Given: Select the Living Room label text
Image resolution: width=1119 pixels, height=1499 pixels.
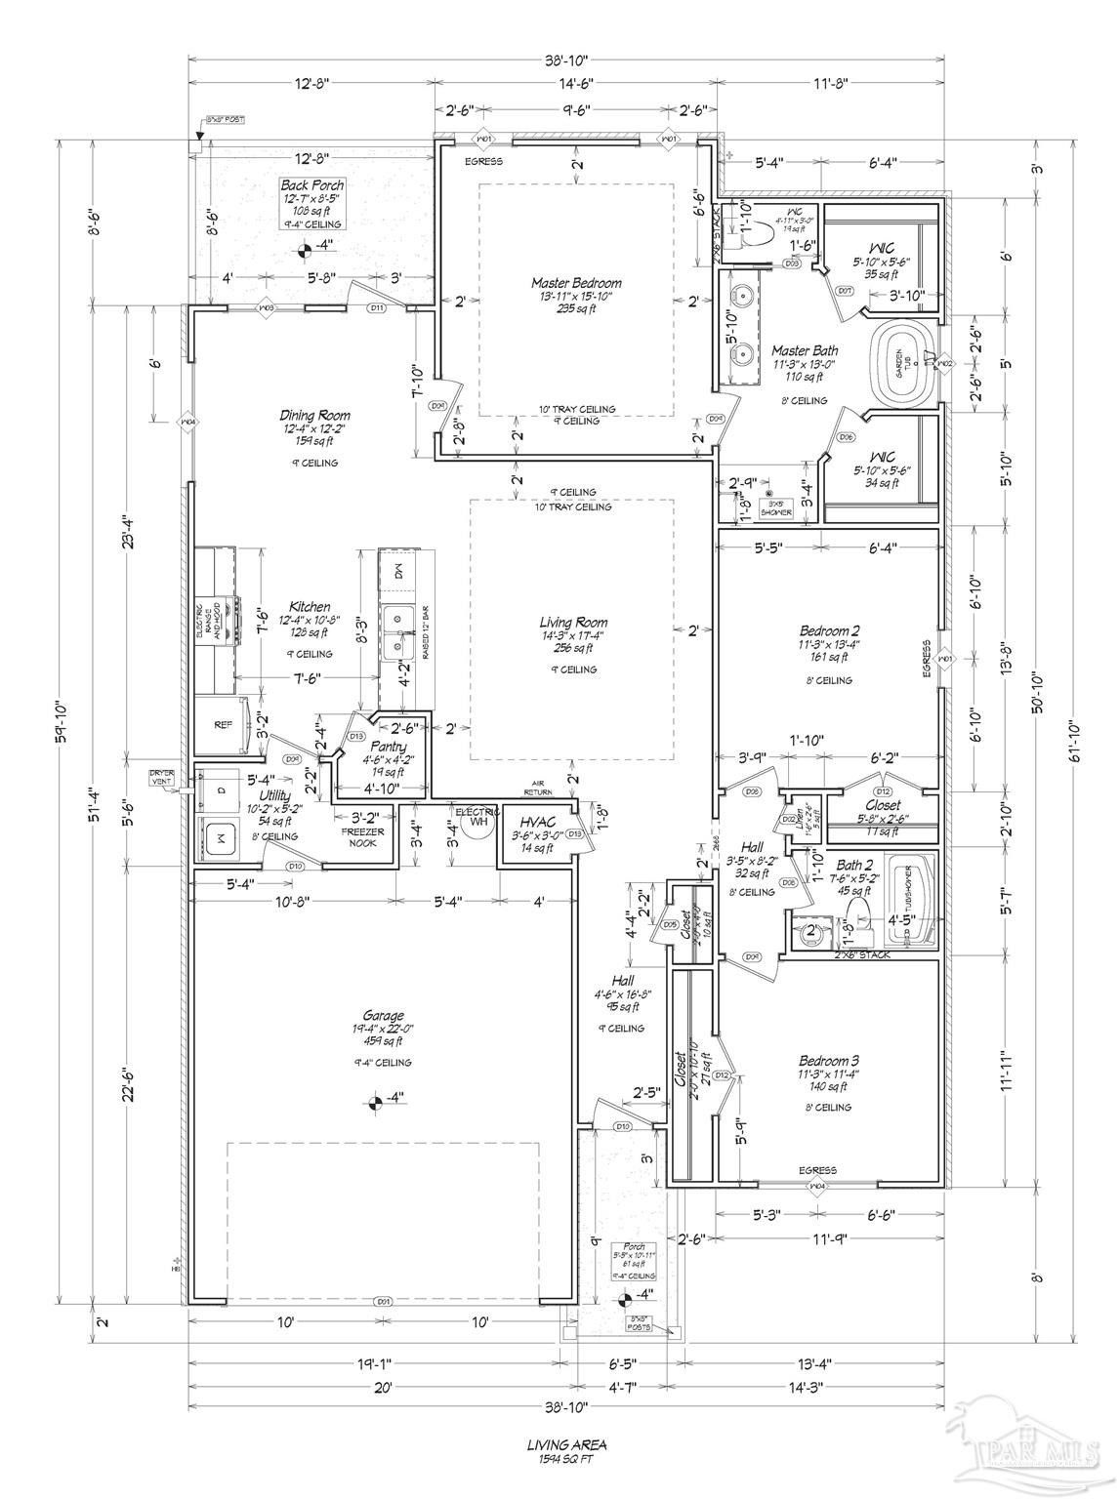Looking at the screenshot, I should point(573,623).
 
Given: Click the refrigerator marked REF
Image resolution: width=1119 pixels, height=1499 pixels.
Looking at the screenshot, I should point(223,725).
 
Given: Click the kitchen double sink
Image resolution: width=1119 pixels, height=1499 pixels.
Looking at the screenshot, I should point(396,631).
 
